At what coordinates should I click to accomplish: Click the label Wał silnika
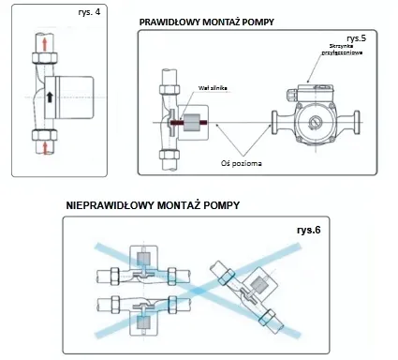coord(213,86)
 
